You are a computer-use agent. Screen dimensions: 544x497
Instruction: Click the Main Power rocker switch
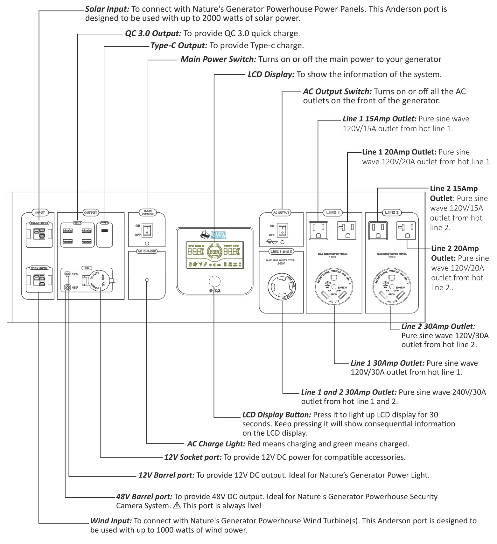click(147, 230)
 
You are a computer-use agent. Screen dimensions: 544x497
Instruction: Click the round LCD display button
click(215, 282)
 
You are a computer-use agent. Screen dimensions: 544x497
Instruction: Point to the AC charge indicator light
click(147, 280)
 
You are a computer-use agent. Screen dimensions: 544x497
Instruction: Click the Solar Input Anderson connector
click(39, 234)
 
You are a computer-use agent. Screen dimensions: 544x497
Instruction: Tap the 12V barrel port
click(67, 274)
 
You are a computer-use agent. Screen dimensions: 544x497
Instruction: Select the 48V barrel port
click(67, 287)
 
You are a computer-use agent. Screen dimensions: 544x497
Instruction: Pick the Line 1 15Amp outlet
click(318, 231)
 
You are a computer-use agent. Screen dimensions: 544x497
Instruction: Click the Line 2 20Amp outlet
click(406, 231)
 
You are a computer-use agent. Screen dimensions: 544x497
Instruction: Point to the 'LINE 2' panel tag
click(392, 212)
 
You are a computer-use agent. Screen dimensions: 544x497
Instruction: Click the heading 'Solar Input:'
click(107, 9)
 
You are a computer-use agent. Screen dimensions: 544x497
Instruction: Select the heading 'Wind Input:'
click(111, 521)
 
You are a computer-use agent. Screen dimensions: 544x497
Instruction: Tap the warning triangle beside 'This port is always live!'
click(177, 505)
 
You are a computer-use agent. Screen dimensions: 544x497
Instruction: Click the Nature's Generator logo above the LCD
click(213, 235)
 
